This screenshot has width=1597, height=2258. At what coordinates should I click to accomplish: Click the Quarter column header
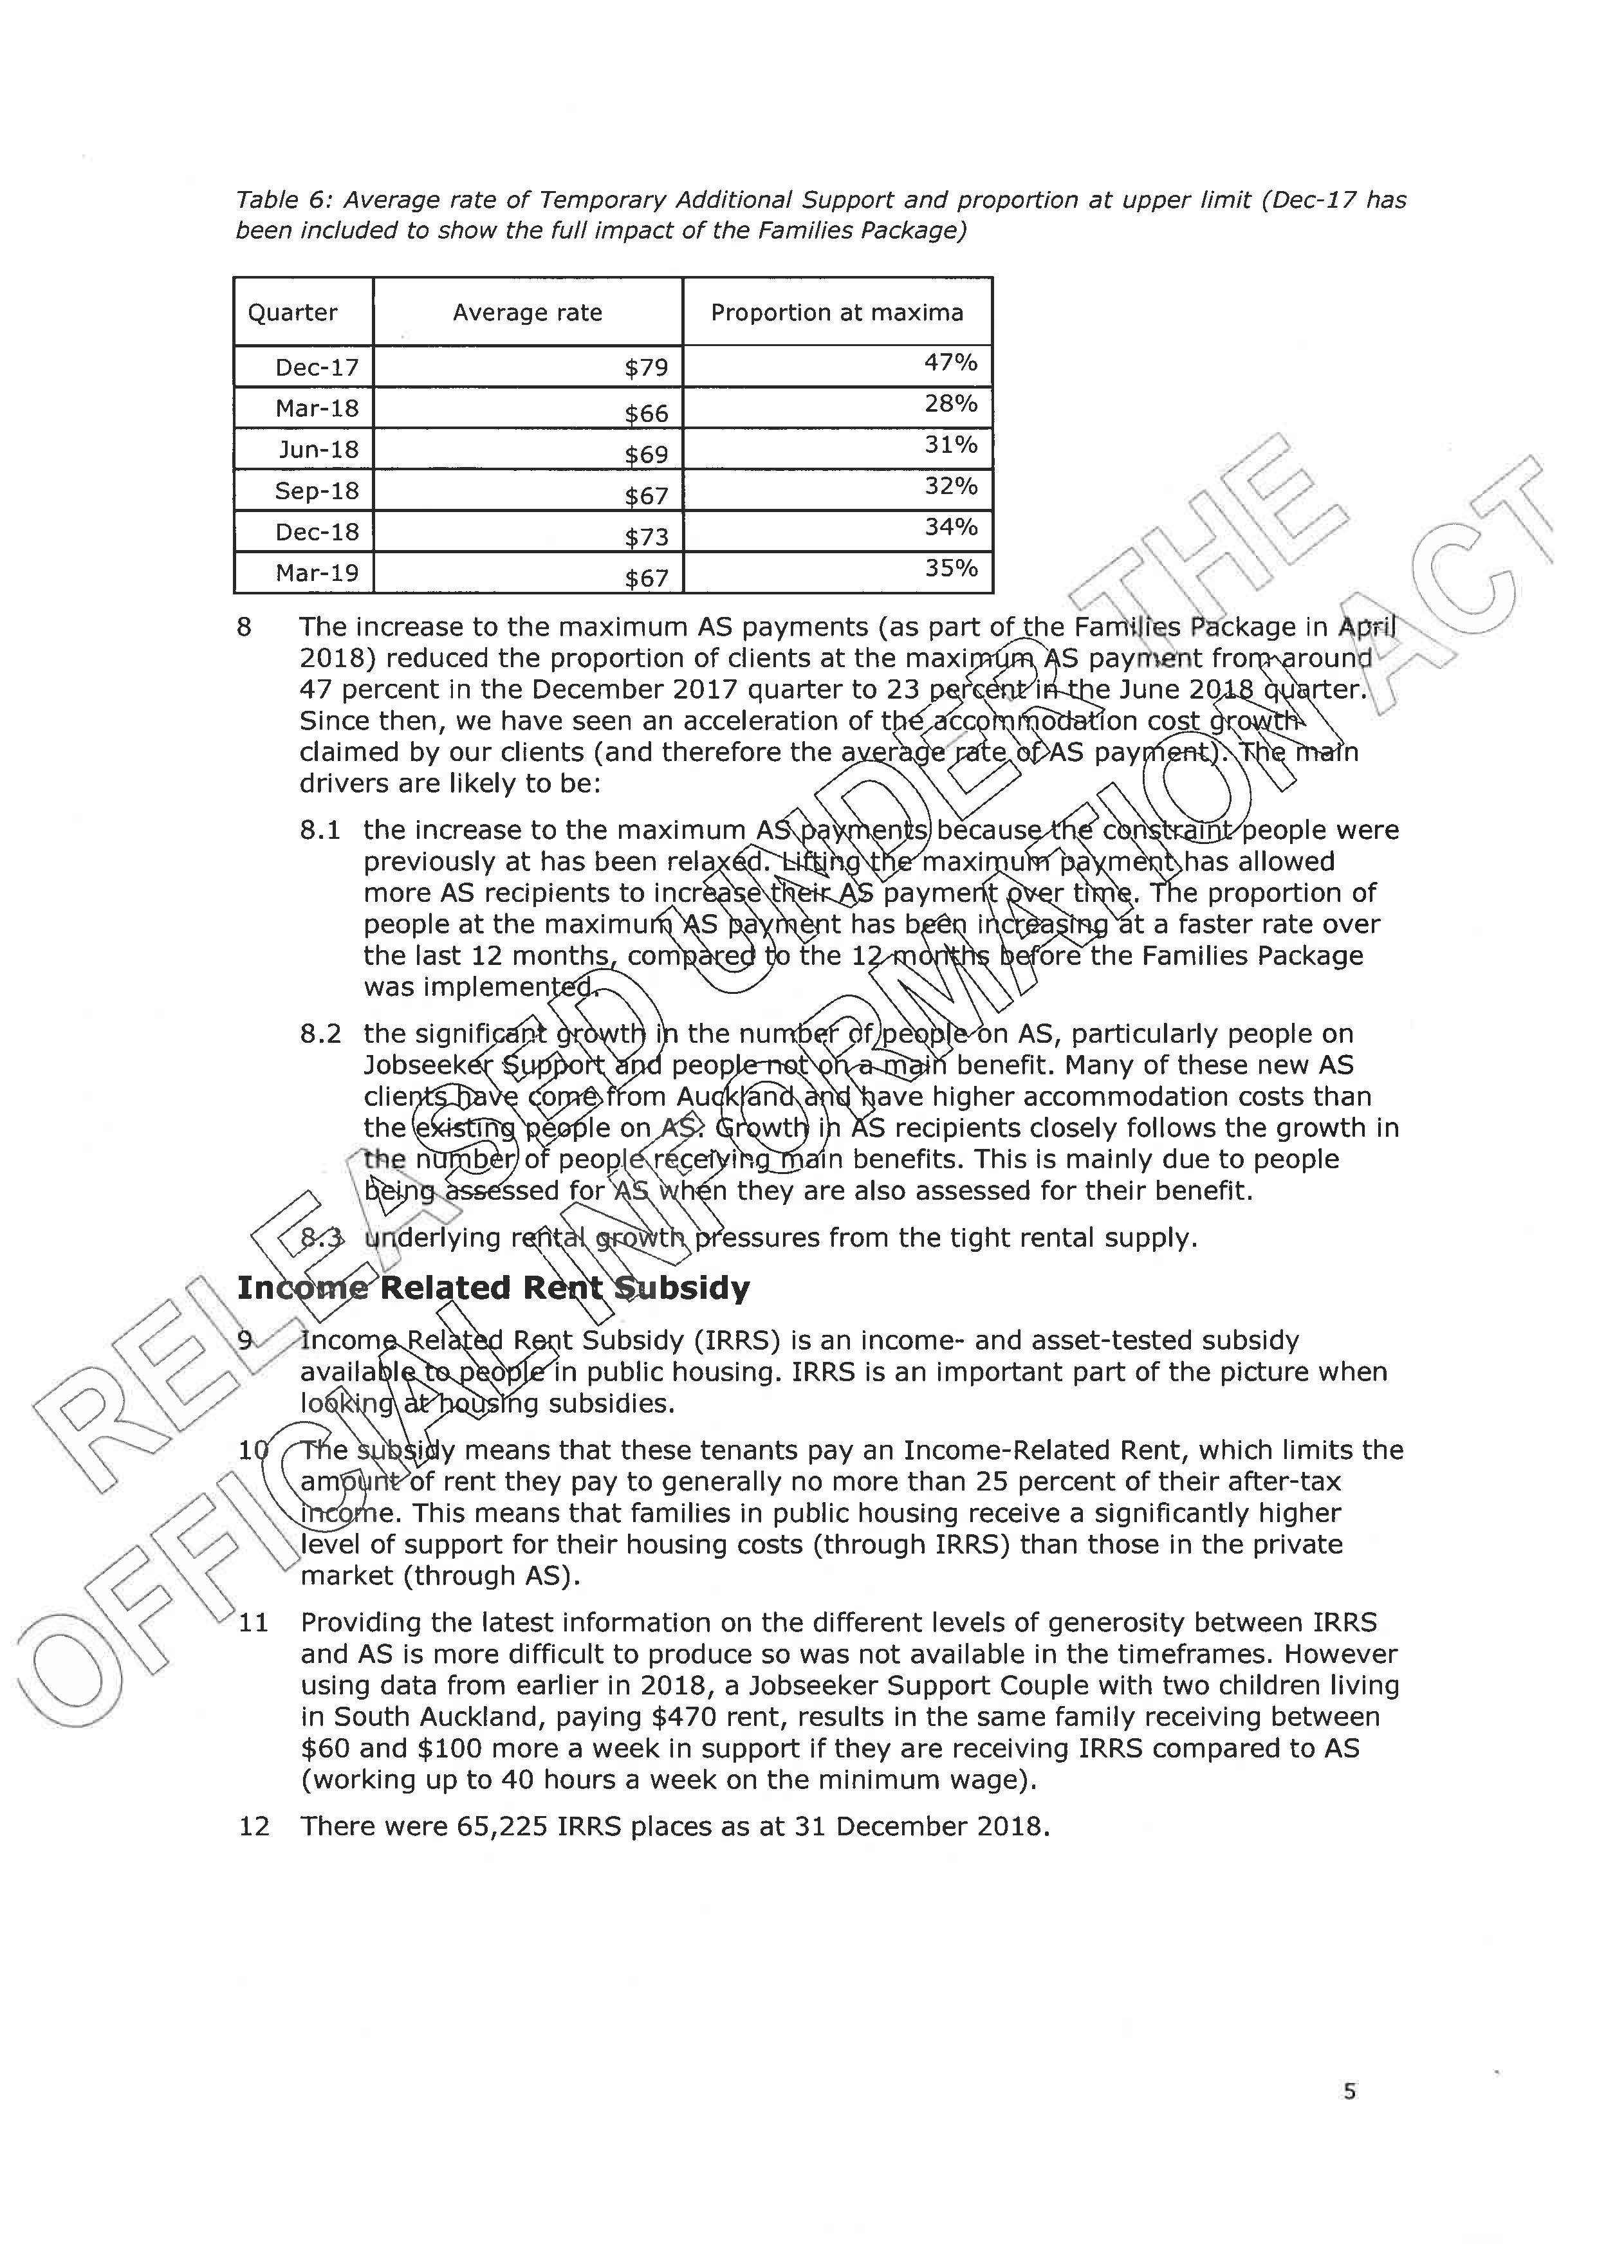coord(292,313)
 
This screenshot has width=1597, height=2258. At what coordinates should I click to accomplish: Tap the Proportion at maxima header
coord(837,313)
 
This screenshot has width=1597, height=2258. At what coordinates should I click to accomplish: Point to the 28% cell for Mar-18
coord(950,404)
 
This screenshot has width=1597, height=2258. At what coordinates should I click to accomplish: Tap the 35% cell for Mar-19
coord(950,569)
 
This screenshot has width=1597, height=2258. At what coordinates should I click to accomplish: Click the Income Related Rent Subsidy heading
coord(493,1289)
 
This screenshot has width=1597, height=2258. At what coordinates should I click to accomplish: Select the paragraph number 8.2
coord(320,1034)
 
